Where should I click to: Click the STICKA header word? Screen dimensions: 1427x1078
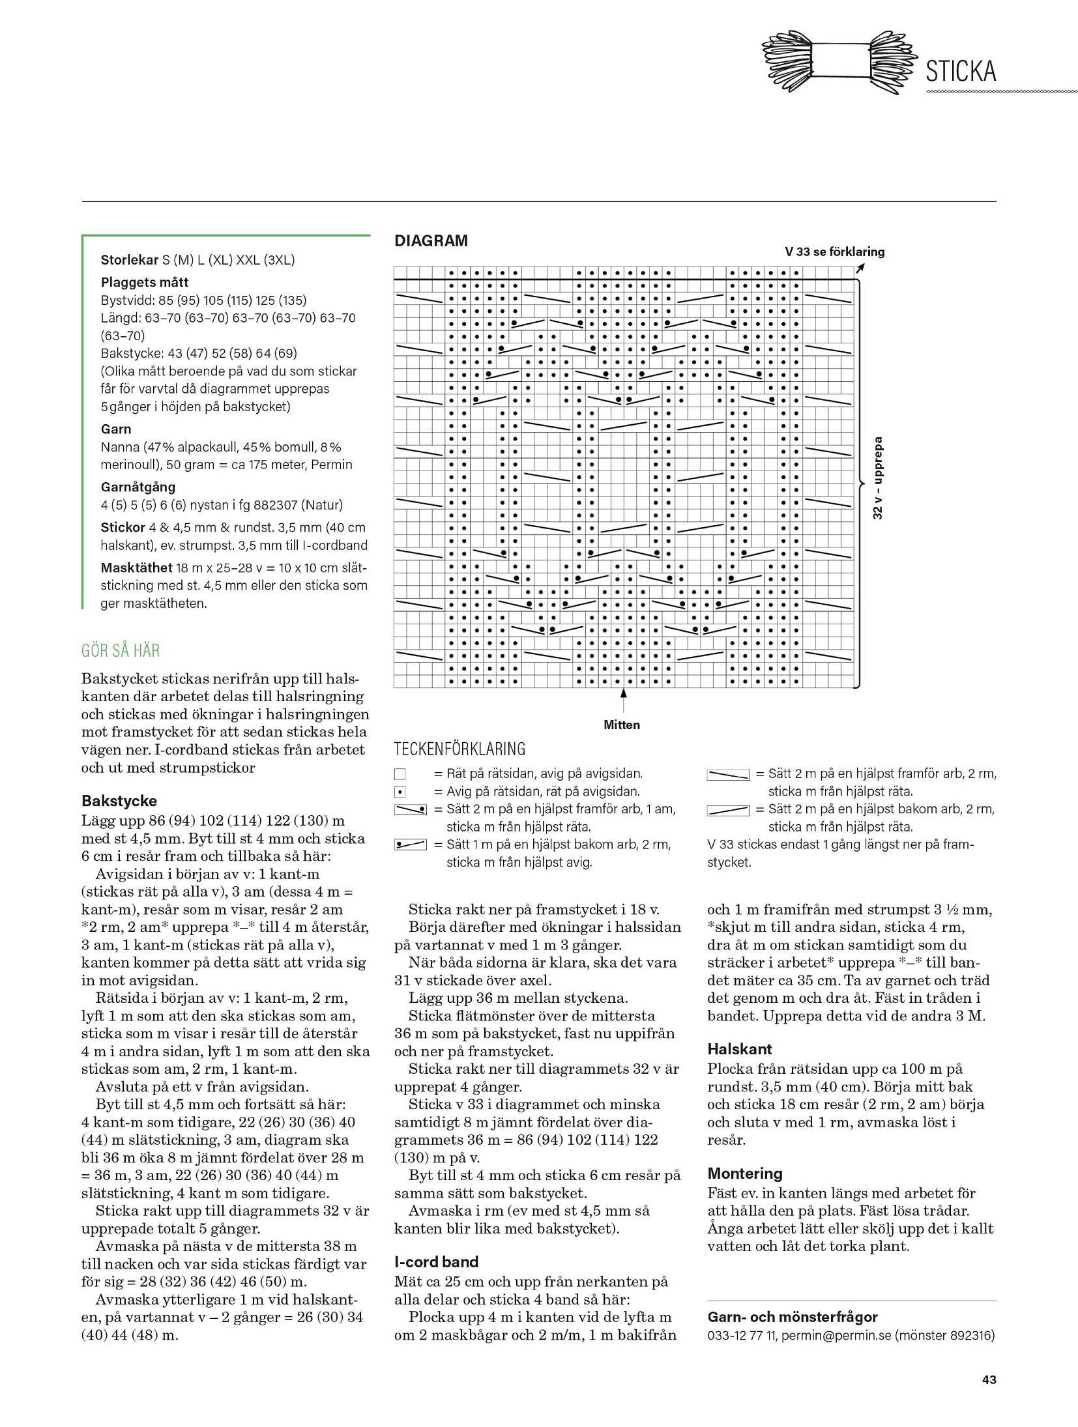point(961,71)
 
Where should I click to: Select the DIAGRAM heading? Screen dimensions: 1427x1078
point(431,241)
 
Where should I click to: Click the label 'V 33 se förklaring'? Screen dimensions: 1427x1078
point(834,252)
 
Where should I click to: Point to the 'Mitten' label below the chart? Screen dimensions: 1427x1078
point(622,725)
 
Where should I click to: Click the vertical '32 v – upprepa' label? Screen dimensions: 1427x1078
point(878,478)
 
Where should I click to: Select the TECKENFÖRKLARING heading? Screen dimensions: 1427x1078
point(459,749)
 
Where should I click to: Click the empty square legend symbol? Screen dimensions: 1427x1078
point(400,774)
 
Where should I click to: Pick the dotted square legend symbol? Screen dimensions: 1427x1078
point(400,792)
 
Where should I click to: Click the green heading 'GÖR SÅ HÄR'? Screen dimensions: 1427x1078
point(121,650)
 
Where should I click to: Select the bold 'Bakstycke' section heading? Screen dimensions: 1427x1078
point(119,801)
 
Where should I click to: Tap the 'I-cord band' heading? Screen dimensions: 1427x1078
point(436,1261)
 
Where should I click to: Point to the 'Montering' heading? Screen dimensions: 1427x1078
point(744,1174)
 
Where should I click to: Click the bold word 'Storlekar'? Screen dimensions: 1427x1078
point(129,260)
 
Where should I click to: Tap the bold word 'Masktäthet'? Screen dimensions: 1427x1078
point(136,568)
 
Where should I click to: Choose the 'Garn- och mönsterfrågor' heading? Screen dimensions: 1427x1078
point(793,1317)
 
